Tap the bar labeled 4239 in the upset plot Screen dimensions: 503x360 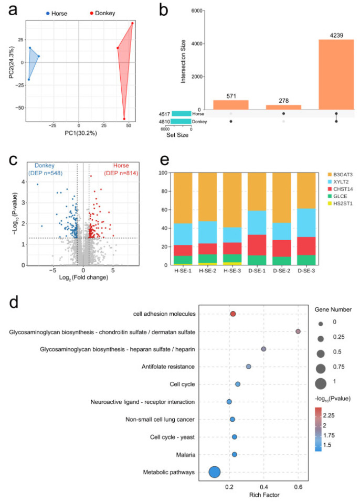point(336,73)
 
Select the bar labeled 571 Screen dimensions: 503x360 point(231,104)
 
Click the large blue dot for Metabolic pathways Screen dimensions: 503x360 point(215,472)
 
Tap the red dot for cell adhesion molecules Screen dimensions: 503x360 point(233,314)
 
